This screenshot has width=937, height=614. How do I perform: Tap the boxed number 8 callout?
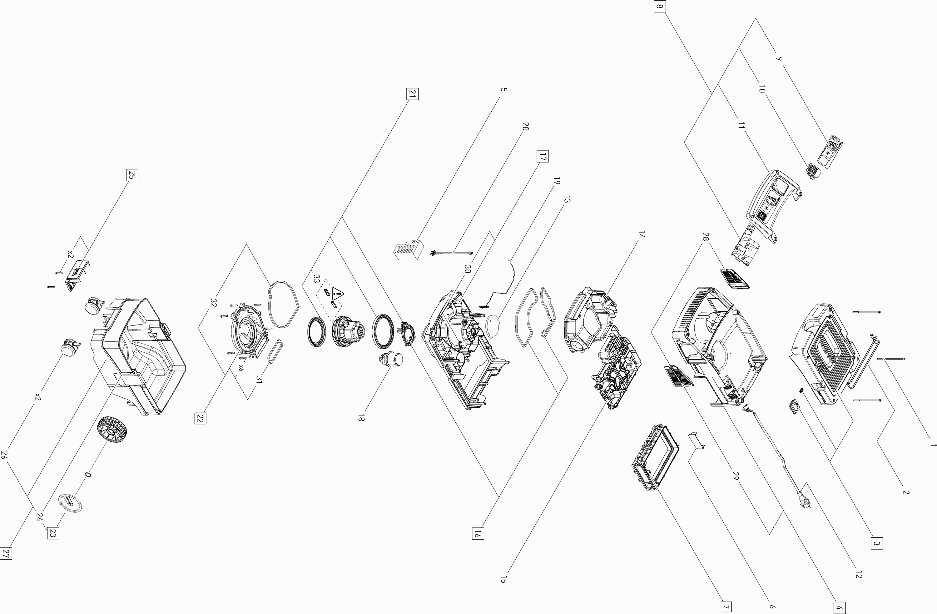pyautogui.click(x=660, y=6)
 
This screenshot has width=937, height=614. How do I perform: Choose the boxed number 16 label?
pyautogui.click(x=478, y=534)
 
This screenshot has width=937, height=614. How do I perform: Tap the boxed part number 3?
pyautogui.click(x=876, y=543)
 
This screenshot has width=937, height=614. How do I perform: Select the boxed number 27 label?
pyautogui.click(x=6, y=554)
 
